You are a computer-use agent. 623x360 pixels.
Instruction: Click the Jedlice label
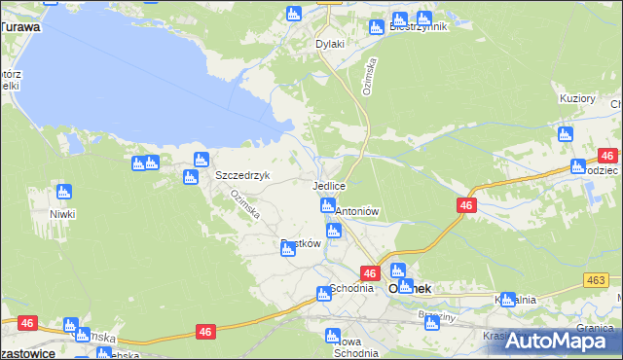coord(329,185)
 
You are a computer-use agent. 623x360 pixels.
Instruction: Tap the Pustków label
coord(301,244)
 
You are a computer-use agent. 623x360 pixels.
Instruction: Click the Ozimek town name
coord(410,289)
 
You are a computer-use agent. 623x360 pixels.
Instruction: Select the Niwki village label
coord(63,213)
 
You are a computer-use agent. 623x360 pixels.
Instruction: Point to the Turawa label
coord(20,27)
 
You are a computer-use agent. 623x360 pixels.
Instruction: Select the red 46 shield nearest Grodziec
coord(607,156)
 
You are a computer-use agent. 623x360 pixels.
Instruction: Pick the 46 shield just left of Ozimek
coord(370,275)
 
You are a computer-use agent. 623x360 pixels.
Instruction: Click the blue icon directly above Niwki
coord(63,192)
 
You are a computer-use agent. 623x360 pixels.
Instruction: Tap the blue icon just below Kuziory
coord(565,134)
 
